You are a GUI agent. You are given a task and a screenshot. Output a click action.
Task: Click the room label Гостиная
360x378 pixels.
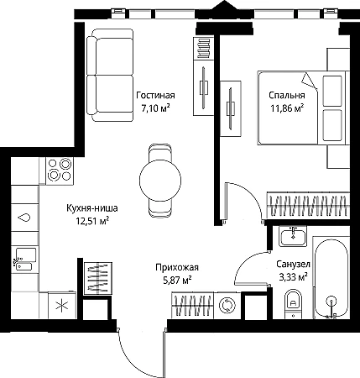[x=155, y=96]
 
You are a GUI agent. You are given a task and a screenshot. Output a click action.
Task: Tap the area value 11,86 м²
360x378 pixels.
[x=287, y=108]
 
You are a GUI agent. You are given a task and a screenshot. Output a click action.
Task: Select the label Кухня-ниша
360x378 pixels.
[x=92, y=208]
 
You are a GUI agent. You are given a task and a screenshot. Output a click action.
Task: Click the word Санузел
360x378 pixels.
[x=294, y=264]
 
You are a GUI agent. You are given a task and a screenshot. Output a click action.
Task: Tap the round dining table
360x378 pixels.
[x=160, y=180]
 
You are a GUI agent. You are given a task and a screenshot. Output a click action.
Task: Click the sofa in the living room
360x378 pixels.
[x=110, y=75]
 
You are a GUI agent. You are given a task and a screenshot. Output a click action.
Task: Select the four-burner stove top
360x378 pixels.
[x=60, y=170]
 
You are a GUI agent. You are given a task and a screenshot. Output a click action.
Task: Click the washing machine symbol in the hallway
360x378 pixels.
[x=227, y=306]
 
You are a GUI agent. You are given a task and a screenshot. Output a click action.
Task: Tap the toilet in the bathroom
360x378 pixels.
[x=294, y=304]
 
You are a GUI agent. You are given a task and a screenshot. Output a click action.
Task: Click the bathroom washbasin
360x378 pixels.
[x=293, y=236]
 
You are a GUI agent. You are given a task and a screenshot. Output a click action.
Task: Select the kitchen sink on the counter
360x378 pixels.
[x=25, y=259]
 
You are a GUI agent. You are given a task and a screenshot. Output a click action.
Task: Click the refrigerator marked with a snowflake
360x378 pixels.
[x=62, y=306]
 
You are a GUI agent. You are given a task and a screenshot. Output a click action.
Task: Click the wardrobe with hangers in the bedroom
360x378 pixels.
[x=308, y=206]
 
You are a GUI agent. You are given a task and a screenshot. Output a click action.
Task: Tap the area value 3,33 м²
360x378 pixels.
[x=294, y=277]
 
